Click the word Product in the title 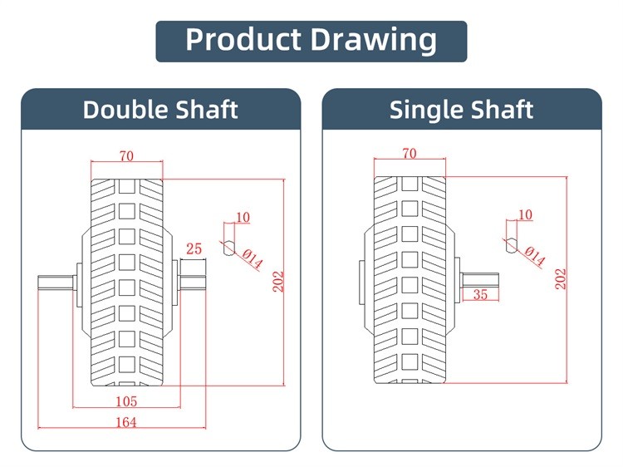pyautogui.click(x=243, y=40)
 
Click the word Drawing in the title pyautogui.click(x=373, y=41)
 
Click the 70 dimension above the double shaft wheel pyautogui.click(x=126, y=155)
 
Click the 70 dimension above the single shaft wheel pyautogui.click(x=410, y=154)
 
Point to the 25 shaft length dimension pyautogui.click(x=194, y=248)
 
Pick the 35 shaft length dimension pyautogui.click(x=480, y=294)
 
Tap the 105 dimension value pyautogui.click(x=126, y=401)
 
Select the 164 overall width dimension pyautogui.click(x=126, y=422)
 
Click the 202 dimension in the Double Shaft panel pyautogui.click(x=278, y=282)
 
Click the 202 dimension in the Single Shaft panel pyautogui.click(x=561, y=278)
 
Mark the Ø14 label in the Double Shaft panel pyautogui.click(x=253, y=258)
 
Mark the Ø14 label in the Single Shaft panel pyautogui.click(x=534, y=257)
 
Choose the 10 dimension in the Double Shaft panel pyautogui.click(x=243, y=218)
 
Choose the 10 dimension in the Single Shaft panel pyautogui.click(x=525, y=214)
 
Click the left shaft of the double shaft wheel pyautogui.click(x=56, y=282)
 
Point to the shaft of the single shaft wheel pyautogui.click(x=479, y=280)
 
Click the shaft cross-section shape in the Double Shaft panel pyautogui.click(x=229, y=248)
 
